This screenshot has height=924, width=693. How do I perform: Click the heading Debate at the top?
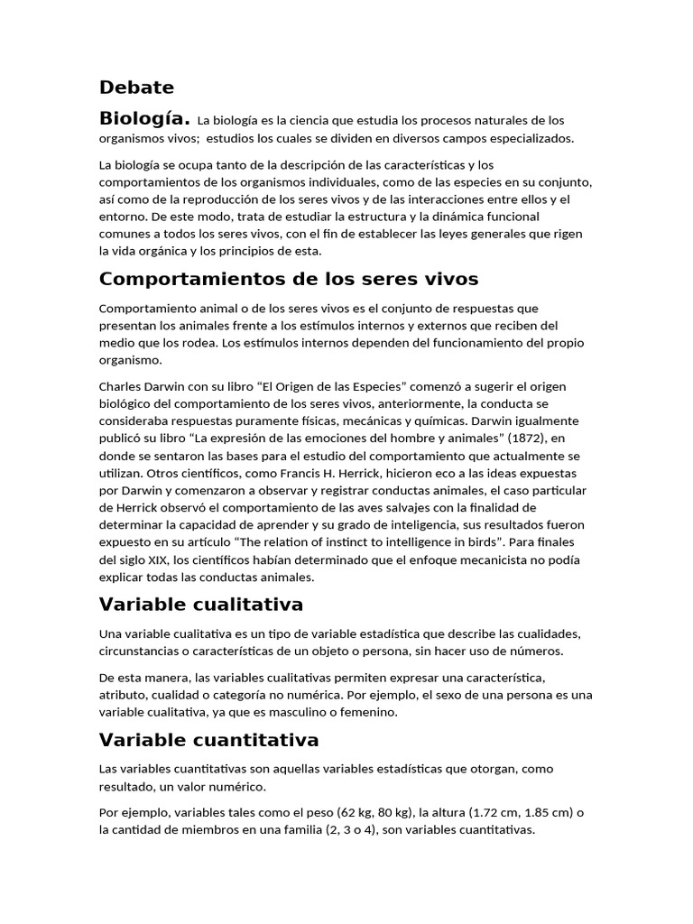pyautogui.click(x=136, y=88)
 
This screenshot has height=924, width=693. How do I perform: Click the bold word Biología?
pyautogui.click(x=144, y=118)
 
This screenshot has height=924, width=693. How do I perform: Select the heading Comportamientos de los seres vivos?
pyautogui.click(x=289, y=278)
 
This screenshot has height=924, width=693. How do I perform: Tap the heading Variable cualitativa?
pyautogui.click(x=200, y=603)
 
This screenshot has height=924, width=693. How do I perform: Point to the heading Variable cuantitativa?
pyautogui.click(x=208, y=740)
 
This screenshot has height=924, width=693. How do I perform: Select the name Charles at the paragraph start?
pyautogui.click(x=121, y=386)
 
